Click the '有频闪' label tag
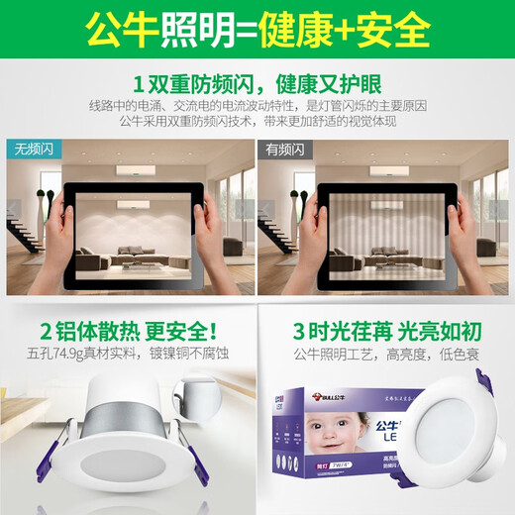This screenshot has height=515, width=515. (288, 150)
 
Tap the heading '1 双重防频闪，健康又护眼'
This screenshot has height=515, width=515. (257, 81)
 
